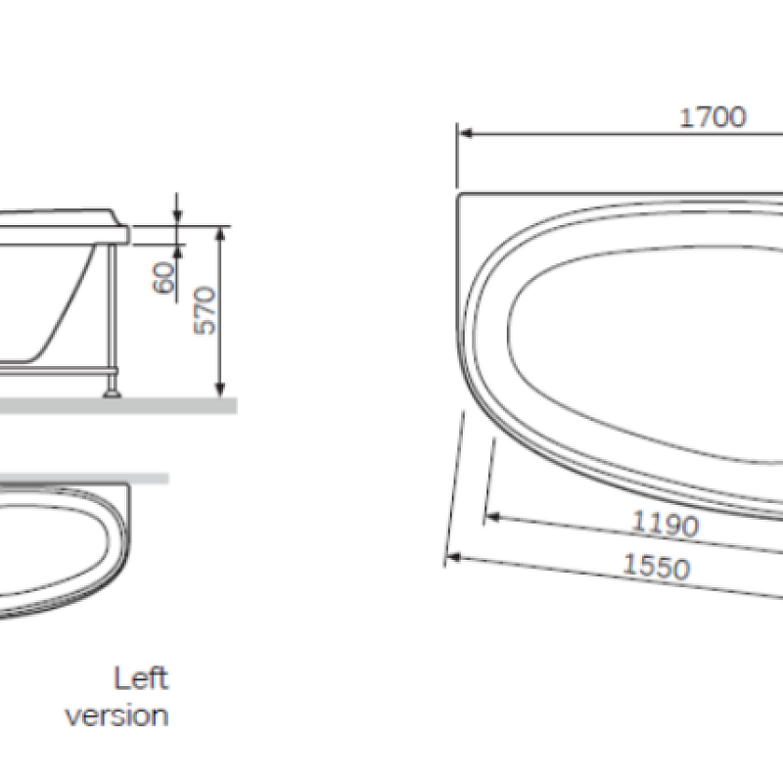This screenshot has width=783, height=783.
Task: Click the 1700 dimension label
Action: [713, 117]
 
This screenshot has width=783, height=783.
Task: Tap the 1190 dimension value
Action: [665, 525]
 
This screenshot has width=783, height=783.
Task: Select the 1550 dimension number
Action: [656, 567]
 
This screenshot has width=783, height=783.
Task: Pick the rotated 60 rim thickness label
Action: [164, 277]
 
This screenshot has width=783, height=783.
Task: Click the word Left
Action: [141, 678]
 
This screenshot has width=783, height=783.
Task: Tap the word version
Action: [116, 714]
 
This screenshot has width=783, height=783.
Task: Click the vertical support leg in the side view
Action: [115, 313]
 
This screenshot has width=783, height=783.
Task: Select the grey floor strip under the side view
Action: [117, 404]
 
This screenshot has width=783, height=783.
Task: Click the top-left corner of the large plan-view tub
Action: [459, 195]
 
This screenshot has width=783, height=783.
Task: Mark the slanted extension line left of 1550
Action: [453, 489]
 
